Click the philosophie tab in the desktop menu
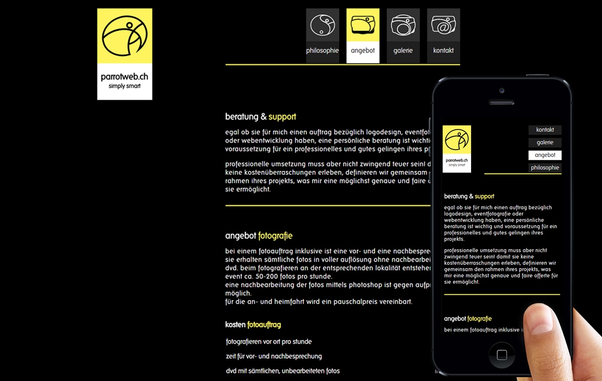(323, 36)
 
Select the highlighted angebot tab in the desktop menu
(363, 36)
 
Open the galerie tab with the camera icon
(403, 36)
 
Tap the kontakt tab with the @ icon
(443, 36)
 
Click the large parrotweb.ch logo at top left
(124, 54)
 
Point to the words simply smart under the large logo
(124, 86)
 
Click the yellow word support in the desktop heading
(282, 117)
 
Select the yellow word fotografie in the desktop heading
(275, 236)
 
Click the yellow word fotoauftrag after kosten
(264, 325)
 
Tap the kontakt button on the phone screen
(545, 130)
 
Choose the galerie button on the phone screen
(545, 142)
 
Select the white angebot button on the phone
(545, 155)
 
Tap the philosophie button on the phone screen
(545, 167)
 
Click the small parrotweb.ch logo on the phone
(457, 149)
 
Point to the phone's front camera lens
(502, 91)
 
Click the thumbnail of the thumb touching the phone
(539, 321)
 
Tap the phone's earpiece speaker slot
(502, 102)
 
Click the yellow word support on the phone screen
(485, 197)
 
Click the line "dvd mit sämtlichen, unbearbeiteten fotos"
(283, 371)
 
